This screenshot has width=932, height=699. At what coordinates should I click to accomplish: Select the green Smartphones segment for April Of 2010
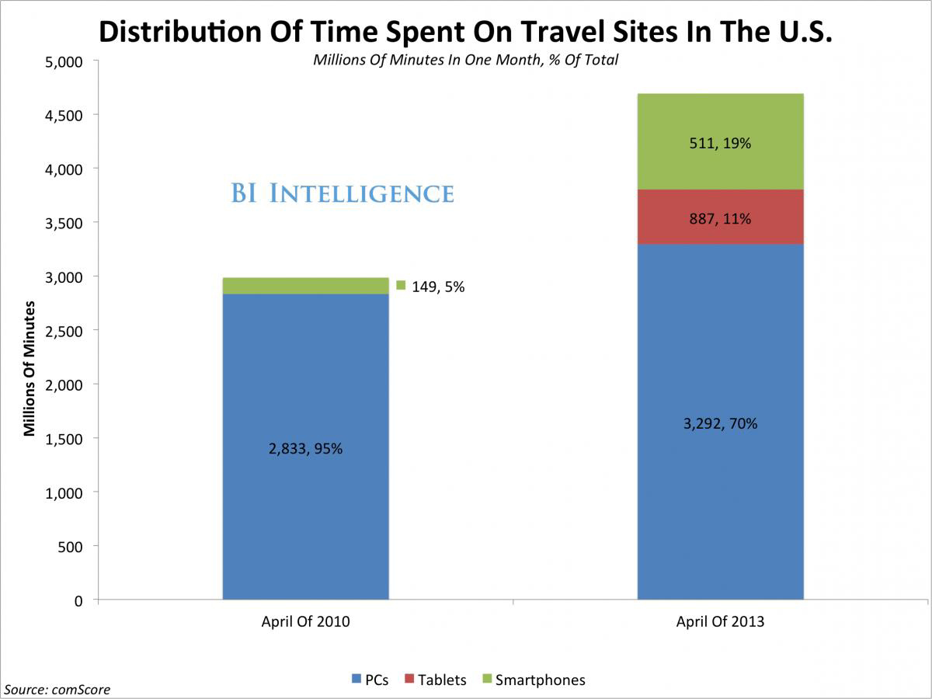click(x=305, y=286)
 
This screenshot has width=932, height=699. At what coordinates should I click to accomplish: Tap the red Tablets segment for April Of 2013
click(x=720, y=217)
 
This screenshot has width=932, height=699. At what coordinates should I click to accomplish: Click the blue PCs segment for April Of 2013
click(x=720, y=505)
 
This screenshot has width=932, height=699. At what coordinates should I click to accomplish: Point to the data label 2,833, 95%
click(x=305, y=449)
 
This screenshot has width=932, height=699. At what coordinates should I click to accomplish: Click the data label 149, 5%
click(x=438, y=287)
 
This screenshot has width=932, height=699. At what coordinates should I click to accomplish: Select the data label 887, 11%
click(x=720, y=219)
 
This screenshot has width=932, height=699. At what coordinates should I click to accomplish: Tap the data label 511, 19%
click(x=720, y=143)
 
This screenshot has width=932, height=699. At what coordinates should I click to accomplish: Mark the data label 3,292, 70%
click(x=720, y=424)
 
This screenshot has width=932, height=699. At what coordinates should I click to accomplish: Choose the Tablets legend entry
click(x=435, y=680)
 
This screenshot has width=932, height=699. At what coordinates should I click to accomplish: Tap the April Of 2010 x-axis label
click(x=305, y=622)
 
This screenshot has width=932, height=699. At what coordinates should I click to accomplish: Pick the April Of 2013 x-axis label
click(x=720, y=622)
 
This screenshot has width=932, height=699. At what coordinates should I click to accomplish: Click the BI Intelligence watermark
click(x=342, y=193)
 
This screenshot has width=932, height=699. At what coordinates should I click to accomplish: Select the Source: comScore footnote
click(x=57, y=689)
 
